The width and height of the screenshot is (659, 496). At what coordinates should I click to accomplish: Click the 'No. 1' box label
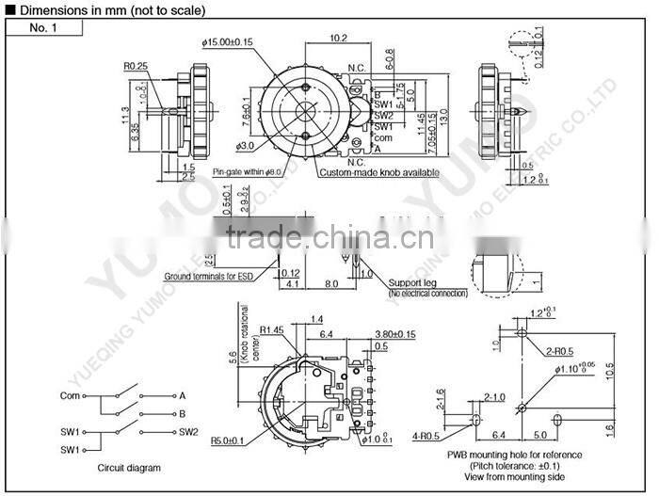(43, 27)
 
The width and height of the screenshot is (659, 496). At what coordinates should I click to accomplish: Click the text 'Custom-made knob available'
(379, 173)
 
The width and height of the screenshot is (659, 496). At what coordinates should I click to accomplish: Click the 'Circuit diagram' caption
(129, 468)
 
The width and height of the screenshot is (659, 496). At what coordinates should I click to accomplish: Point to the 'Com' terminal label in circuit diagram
(70, 395)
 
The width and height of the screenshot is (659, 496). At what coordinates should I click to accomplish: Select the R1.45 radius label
(273, 329)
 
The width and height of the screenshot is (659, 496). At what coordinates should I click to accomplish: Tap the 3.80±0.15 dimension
(394, 334)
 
